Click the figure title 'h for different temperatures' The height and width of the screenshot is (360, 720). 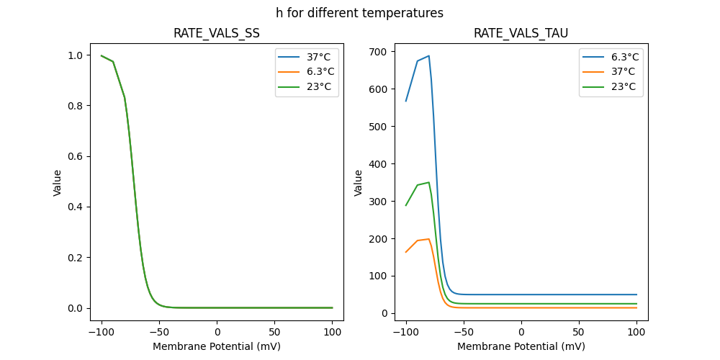359,13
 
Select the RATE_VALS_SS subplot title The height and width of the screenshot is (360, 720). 217,34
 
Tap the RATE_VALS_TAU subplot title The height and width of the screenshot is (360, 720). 521,34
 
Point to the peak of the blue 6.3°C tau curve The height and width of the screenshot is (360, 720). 428,56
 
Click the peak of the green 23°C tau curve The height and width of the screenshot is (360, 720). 428,182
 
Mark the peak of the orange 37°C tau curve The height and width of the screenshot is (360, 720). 428,239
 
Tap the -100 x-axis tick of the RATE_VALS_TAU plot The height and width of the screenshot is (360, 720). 406,332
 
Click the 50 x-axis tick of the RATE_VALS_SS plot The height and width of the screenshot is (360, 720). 275,332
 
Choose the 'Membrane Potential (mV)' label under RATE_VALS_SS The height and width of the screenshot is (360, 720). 217,346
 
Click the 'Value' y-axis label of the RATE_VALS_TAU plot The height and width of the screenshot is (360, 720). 359,183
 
